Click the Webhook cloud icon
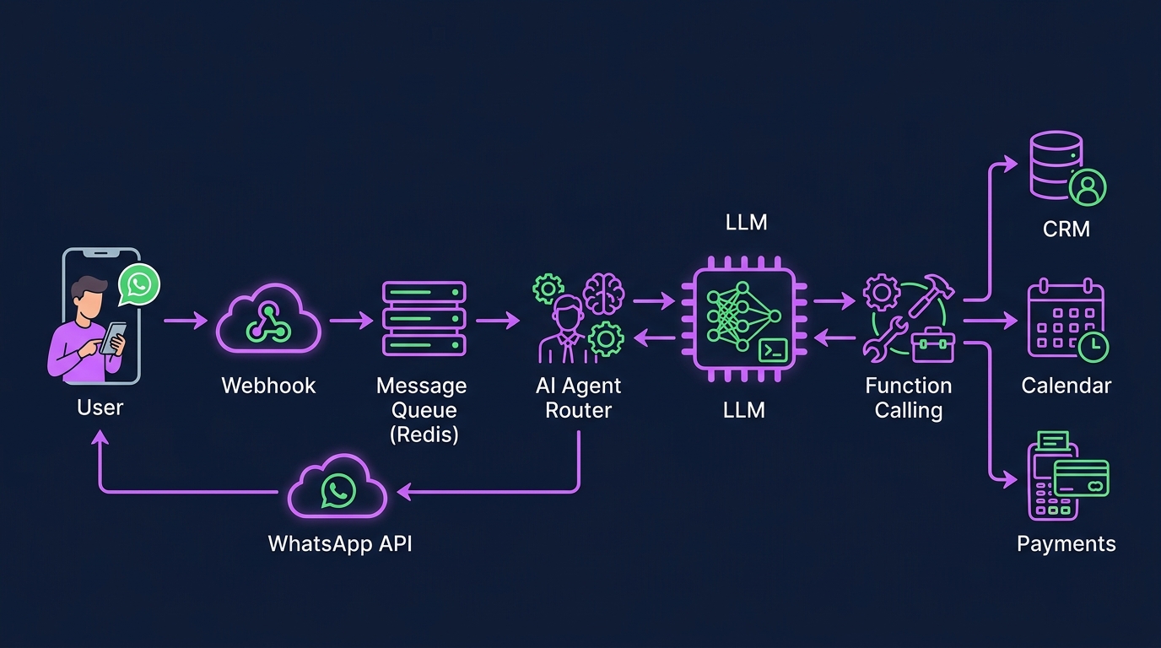[x=268, y=321]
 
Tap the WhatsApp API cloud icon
[x=337, y=489]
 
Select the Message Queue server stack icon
[x=424, y=319]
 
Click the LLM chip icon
[x=744, y=319]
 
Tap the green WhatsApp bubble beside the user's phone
[x=138, y=284]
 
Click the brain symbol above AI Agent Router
[x=603, y=293]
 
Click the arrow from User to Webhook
[x=186, y=320]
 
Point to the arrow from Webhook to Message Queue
[x=350, y=320]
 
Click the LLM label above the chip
[x=747, y=223]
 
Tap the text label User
[x=100, y=408]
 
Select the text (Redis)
[x=424, y=435]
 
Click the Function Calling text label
[x=908, y=398]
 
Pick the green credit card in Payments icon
[x=1082, y=478]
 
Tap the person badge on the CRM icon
[x=1087, y=186]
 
